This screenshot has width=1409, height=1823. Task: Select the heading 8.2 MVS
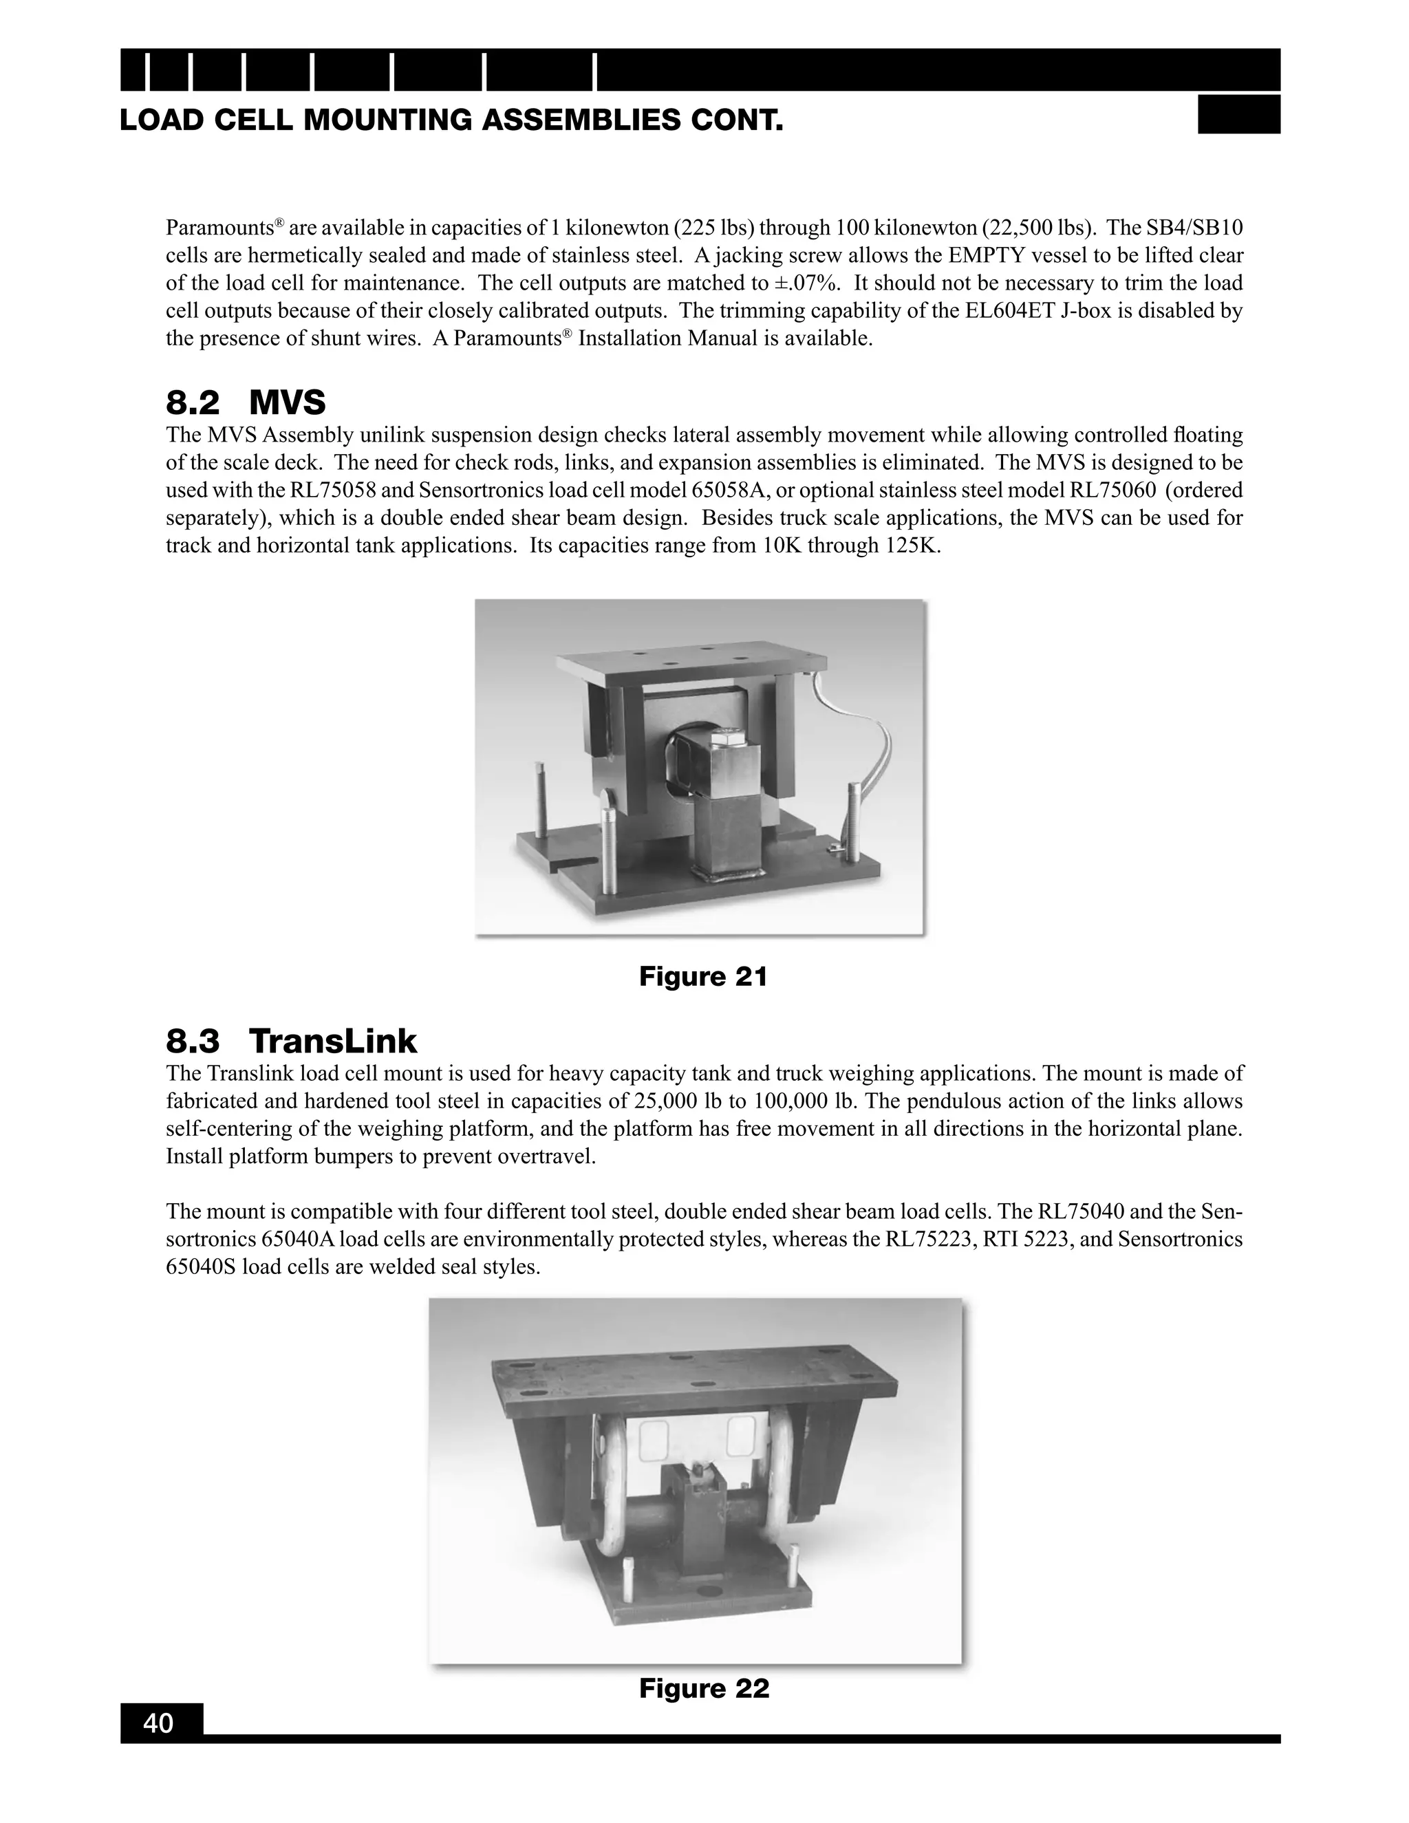click(x=246, y=402)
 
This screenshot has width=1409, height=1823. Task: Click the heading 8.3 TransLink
click(x=290, y=1041)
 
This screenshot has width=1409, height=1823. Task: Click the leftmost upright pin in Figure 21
click(x=540, y=799)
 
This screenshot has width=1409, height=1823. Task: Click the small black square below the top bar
click(x=1238, y=114)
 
